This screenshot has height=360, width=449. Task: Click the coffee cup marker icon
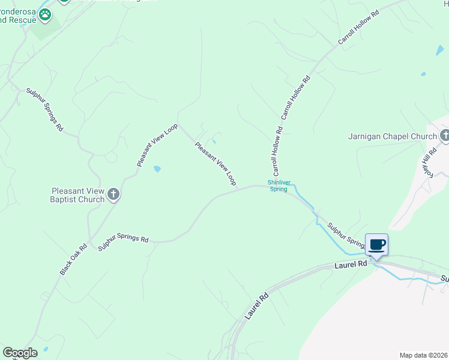pyautogui.click(x=377, y=245)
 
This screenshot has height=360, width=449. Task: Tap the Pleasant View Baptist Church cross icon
pyautogui.click(x=113, y=194)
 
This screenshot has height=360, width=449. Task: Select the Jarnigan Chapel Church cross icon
pyautogui.click(x=444, y=136)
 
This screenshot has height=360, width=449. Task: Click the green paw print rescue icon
pyautogui.click(x=44, y=13)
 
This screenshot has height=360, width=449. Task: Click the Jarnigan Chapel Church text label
pyautogui.click(x=393, y=137)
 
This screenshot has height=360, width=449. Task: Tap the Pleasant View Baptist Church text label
pyautogui.click(x=79, y=195)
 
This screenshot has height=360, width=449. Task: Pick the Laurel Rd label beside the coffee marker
pyautogui.click(x=351, y=264)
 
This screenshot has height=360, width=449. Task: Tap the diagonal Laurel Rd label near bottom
pyautogui.click(x=255, y=305)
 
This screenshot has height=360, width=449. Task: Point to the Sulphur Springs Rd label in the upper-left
pyautogui.click(x=44, y=110)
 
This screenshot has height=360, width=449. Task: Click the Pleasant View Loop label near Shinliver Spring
pyautogui.click(x=214, y=163)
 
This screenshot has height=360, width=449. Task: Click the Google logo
pyautogui.click(x=20, y=353)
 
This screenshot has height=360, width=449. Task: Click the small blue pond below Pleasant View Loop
pyautogui.click(x=157, y=169)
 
